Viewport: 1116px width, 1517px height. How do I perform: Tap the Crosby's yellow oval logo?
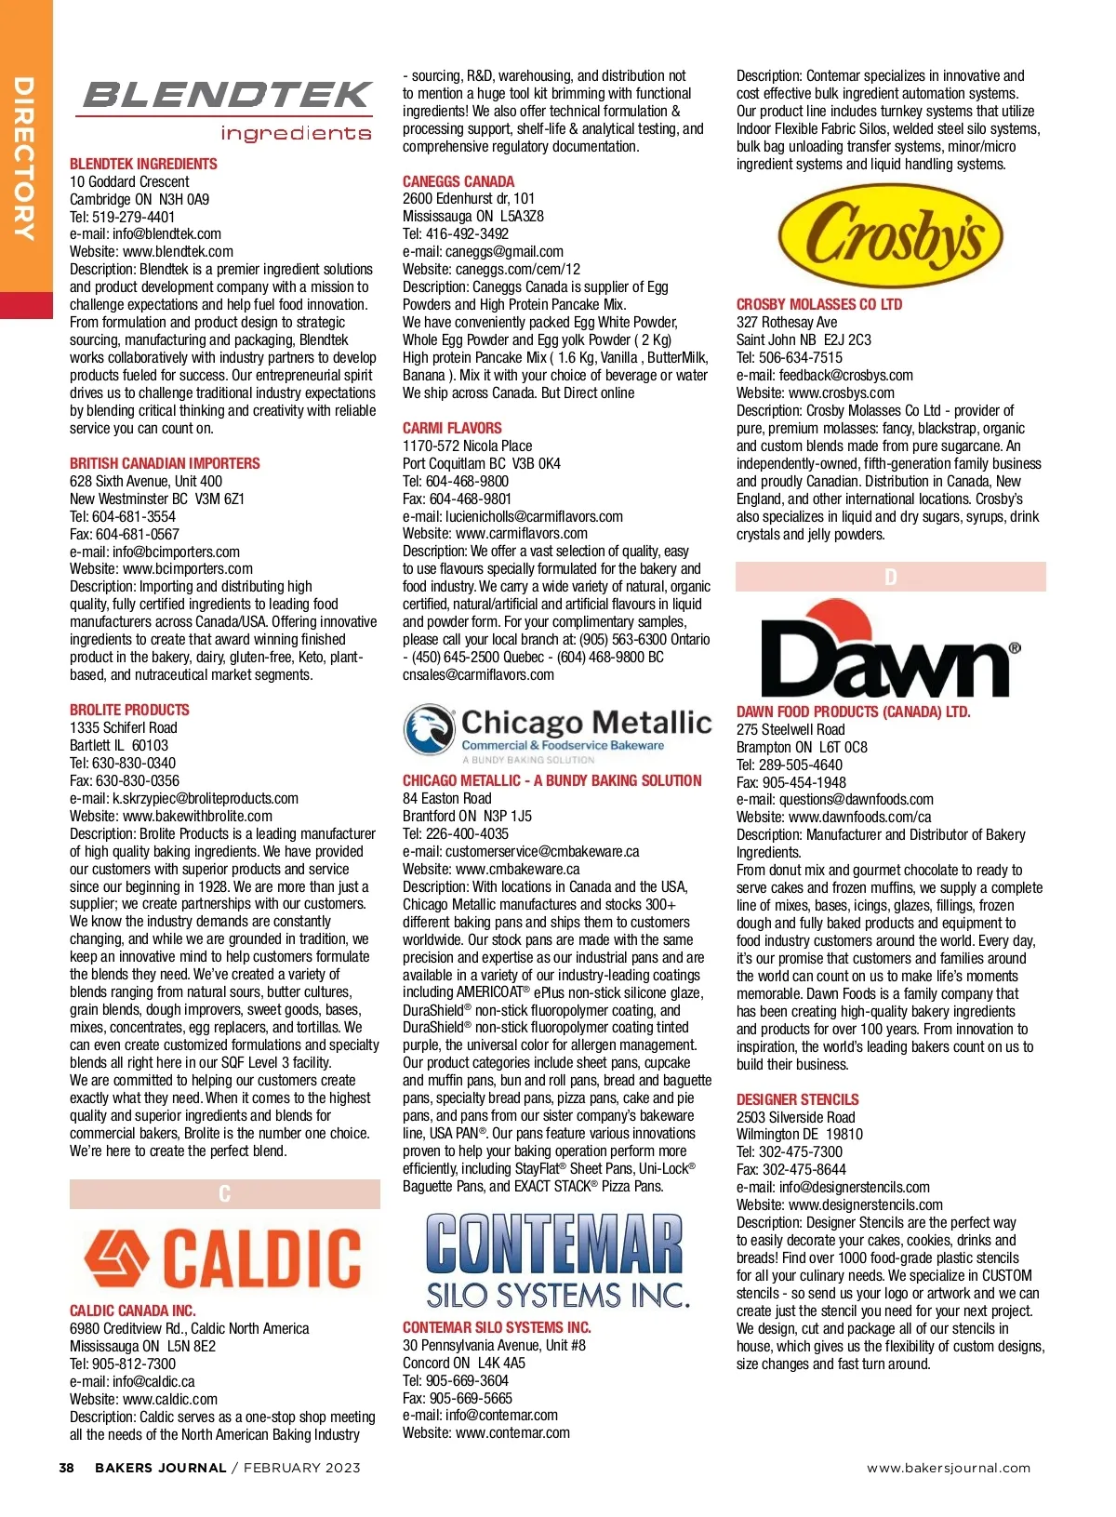pos(890,236)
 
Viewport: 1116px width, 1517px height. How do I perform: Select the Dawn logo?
pos(890,650)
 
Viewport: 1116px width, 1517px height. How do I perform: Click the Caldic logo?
pos(224,1257)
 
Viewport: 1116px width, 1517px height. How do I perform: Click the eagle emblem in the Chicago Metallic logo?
pos(429,731)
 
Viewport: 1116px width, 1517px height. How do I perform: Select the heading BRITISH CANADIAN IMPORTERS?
pos(165,463)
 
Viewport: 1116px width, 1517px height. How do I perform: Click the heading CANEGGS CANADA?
pos(458,181)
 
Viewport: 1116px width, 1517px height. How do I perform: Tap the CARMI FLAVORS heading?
pos(452,428)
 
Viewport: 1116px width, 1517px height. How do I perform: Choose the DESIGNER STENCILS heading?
pos(797,1099)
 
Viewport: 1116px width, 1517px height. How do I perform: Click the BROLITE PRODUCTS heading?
pos(129,710)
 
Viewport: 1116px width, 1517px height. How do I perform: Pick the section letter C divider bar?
pos(224,1194)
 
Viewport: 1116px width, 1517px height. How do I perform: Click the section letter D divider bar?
pos(890,577)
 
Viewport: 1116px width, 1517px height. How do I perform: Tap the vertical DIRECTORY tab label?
pos(24,158)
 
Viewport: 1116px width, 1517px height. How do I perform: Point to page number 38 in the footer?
pos(66,1468)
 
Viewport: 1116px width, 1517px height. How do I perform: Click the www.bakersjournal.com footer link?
pos(949,1468)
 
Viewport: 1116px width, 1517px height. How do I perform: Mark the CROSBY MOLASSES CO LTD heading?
pos(819,304)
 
